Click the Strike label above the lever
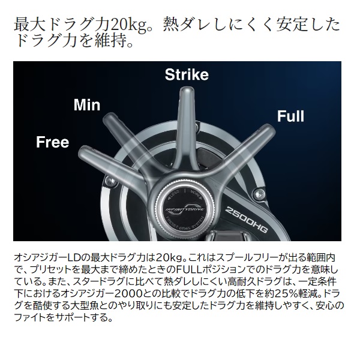(x=187, y=74)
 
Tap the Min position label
(x=87, y=105)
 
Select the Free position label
(x=53, y=142)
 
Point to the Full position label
(x=290, y=116)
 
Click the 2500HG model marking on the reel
(x=246, y=219)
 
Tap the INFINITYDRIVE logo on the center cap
(x=185, y=208)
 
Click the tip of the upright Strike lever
(x=187, y=89)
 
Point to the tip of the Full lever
(x=271, y=128)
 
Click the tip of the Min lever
(x=107, y=116)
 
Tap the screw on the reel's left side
(x=110, y=181)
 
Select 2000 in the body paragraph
(x=130, y=293)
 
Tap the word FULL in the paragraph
(x=190, y=269)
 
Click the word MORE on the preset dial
(x=195, y=194)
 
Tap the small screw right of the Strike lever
(x=197, y=125)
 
